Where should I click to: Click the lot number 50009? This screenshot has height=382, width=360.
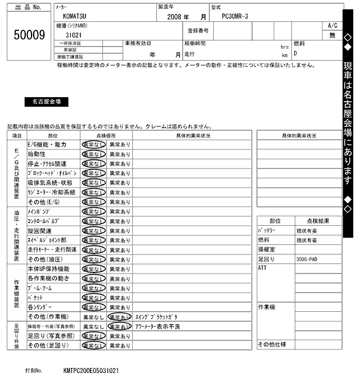pyautogui.click(x=29, y=35)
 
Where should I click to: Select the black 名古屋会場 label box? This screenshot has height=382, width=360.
pyautogui.click(x=47, y=102)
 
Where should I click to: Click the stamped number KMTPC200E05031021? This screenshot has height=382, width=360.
pyautogui.click(x=91, y=371)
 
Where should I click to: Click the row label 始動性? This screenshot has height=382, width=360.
pyautogui.click(x=37, y=153)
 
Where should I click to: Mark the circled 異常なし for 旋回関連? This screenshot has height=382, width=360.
pyautogui.click(x=93, y=231)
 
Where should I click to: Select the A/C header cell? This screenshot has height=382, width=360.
pyautogui.click(x=332, y=26)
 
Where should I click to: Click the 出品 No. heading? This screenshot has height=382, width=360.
pyautogui.click(x=29, y=9)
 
